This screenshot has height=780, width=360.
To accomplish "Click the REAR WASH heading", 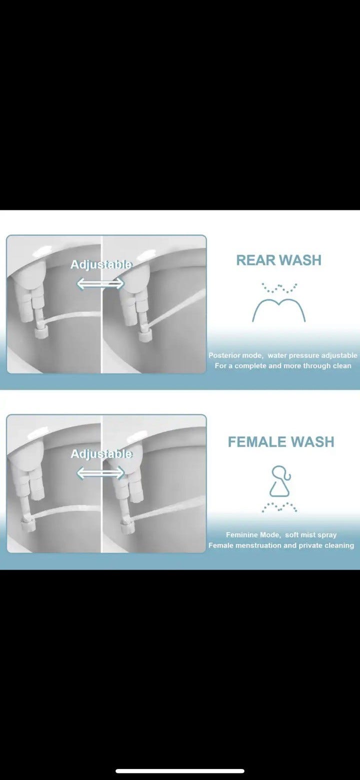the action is pyautogui.click(x=279, y=260).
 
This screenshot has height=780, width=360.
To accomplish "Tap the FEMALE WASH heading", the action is pyautogui.click(x=281, y=442).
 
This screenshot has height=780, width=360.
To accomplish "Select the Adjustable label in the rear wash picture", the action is pyautogui.click(x=101, y=265).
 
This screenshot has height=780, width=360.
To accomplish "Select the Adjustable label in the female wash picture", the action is pyautogui.click(x=101, y=454).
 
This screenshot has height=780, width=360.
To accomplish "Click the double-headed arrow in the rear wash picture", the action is pyautogui.click(x=100, y=283).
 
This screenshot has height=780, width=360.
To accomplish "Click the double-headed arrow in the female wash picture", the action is pyautogui.click(x=100, y=473).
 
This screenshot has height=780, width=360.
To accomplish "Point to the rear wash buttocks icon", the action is pyautogui.click(x=279, y=302).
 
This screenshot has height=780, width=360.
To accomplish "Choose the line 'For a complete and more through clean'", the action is pyautogui.click(x=282, y=366).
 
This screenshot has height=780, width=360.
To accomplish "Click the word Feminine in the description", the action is pyautogui.click(x=240, y=535).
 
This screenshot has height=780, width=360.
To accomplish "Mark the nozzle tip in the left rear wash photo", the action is pyautogui.click(x=42, y=332).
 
